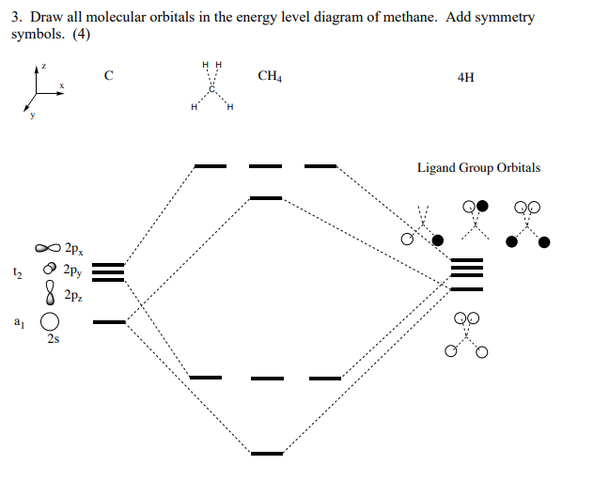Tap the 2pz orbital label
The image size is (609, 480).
72,295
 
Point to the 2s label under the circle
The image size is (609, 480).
54,339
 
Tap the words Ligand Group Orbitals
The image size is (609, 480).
478,168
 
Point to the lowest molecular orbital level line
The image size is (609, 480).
266,453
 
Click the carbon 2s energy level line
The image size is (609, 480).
109,322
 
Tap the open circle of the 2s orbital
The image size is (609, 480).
47,322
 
